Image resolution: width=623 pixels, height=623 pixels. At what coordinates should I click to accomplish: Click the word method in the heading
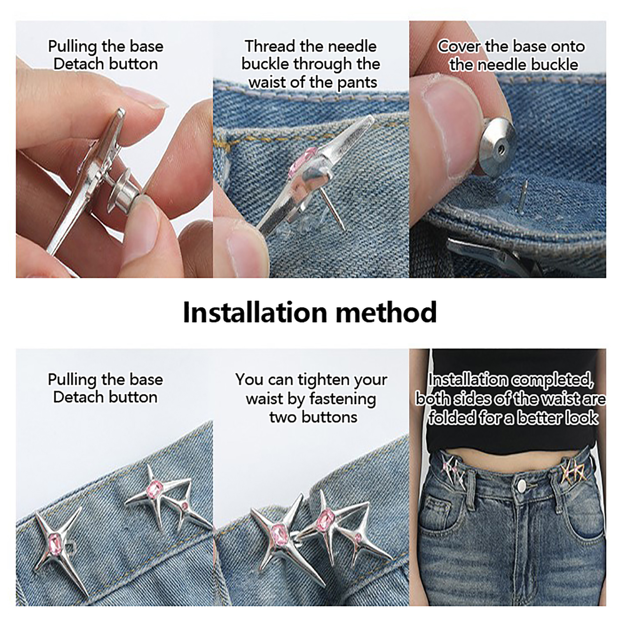coord(386,312)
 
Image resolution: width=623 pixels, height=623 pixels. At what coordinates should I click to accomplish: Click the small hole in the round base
coord(501,148)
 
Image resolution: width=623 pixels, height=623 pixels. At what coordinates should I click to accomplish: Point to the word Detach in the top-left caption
coord(78,64)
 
